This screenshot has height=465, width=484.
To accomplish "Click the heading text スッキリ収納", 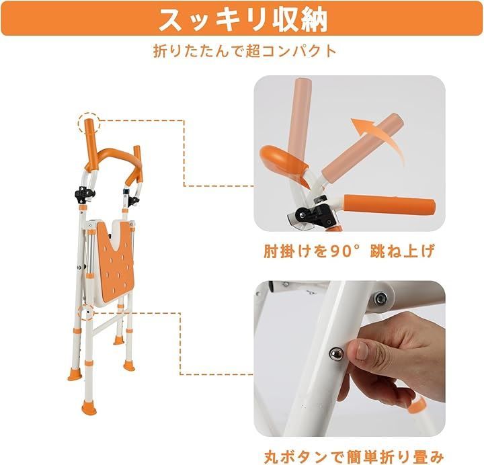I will [242, 19].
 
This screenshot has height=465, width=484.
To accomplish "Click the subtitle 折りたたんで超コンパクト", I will [242, 50].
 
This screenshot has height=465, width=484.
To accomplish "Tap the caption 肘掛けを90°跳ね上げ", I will [349, 252].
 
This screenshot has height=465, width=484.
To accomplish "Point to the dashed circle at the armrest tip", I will [88, 124].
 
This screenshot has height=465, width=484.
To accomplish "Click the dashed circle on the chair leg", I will [85, 313].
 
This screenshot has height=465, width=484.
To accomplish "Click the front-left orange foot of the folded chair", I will [87, 400].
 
